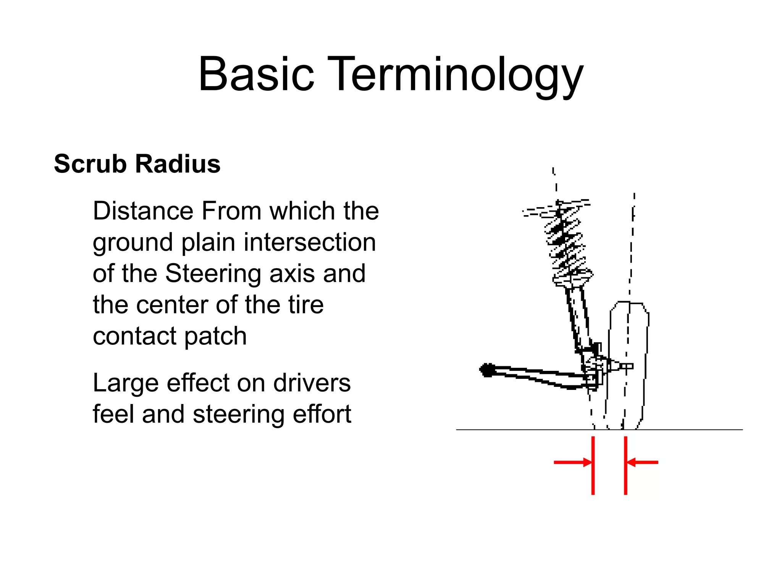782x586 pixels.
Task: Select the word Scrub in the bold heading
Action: click(90, 164)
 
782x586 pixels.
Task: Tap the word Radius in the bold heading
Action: click(178, 164)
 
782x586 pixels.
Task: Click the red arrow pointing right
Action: click(573, 462)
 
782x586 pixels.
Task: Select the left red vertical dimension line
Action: click(593, 465)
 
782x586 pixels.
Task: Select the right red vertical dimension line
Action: click(625, 465)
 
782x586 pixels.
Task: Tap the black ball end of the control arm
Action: click(487, 370)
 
